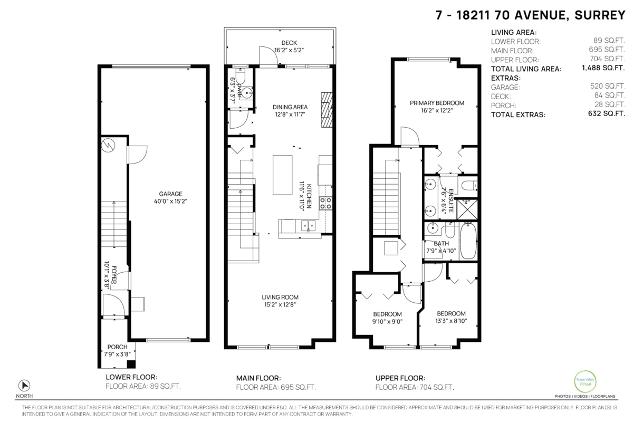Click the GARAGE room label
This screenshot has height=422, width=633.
coord(167,194)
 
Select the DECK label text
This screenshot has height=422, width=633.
coord(289,43)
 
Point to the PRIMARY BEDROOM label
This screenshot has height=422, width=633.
coord(437,102)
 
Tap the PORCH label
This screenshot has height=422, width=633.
coord(118,347)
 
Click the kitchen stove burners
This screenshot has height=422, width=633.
coord(326,204)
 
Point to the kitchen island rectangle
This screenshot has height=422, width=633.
coord(282,175)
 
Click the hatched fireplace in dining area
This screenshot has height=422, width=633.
coord(328,109)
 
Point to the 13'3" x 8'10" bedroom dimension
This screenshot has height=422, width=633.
coord(450,321)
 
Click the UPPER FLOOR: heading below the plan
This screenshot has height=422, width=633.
coord(400,378)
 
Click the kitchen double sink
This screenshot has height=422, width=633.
coord(308,226)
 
